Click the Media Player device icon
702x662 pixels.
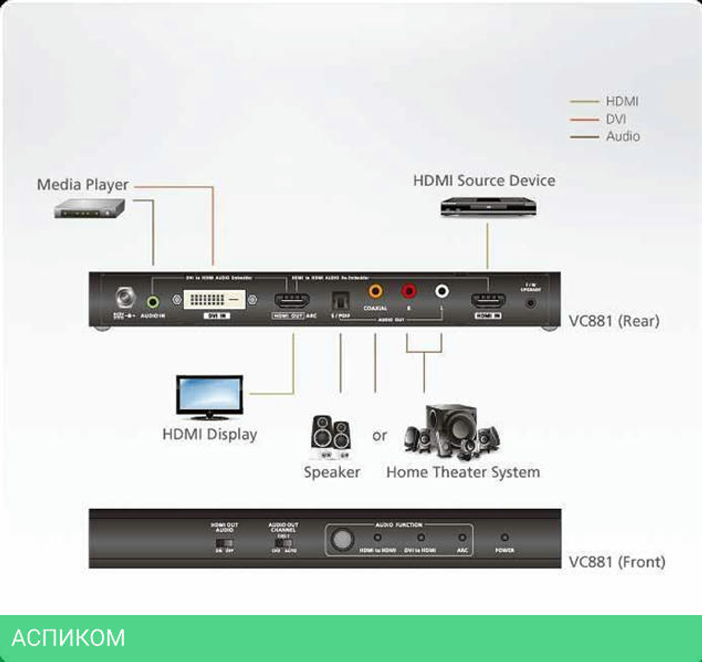(89, 208)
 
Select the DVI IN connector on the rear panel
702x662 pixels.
(215, 301)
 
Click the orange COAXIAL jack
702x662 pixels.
(376, 289)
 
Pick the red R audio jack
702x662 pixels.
(408, 290)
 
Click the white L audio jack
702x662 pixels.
(442, 290)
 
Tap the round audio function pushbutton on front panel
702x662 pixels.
(342, 539)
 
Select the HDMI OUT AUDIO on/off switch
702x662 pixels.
(224, 543)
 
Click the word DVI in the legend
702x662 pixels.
(616, 119)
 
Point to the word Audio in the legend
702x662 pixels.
(623, 136)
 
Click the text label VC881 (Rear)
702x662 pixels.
(614, 322)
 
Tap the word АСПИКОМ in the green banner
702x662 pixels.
(69, 637)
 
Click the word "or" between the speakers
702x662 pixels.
(380, 436)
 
